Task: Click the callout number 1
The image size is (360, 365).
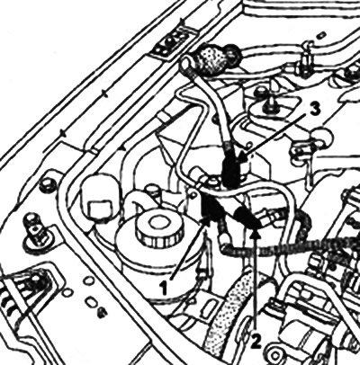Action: [164, 288]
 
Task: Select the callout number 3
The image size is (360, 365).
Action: [312, 110]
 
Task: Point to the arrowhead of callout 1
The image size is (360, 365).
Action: [205, 222]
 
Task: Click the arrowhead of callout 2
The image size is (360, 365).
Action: [256, 233]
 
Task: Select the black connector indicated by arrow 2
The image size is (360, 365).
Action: [247, 218]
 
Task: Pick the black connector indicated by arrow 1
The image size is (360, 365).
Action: [211, 209]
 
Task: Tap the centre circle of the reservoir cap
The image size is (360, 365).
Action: [156, 222]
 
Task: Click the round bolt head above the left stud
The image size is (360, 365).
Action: [46, 184]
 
